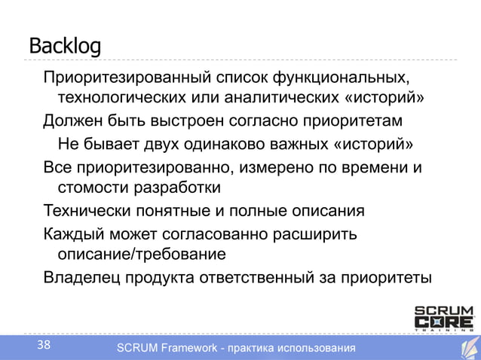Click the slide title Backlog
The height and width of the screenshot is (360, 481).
tap(65, 46)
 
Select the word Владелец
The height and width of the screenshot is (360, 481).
tap(81, 276)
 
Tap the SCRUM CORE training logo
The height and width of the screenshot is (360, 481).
tap(444, 317)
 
